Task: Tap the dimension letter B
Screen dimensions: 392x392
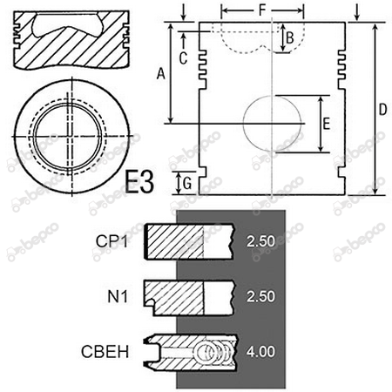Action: point(290,37)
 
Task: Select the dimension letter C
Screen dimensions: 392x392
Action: point(183,58)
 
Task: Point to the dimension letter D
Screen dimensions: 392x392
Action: point(384,110)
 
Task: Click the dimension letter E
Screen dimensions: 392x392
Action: point(326,125)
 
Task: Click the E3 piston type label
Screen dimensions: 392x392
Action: point(139,183)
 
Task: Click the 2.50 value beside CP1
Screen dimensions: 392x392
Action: point(260,240)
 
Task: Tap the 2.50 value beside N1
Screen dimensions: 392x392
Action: point(260,295)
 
